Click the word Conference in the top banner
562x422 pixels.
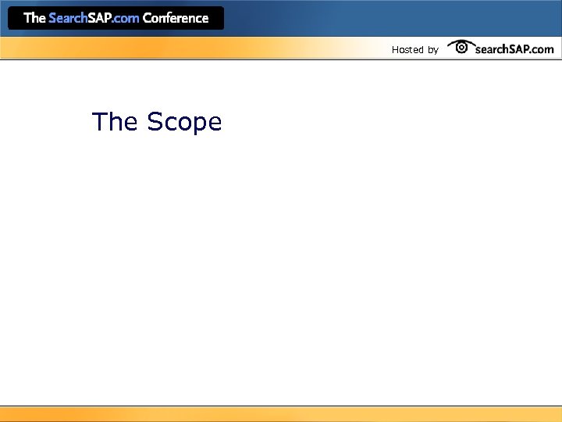pyautogui.click(x=176, y=18)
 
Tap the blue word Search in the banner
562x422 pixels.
pyautogui.click(x=68, y=18)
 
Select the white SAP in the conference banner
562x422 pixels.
pyautogui.click(x=100, y=18)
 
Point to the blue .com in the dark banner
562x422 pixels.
pyautogui.click(x=126, y=18)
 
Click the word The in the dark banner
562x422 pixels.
pyautogui.click(x=35, y=18)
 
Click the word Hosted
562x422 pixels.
pyautogui.click(x=407, y=50)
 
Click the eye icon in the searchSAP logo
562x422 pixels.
pyautogui.click(x=461, y=47)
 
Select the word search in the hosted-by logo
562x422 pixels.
pyautogui.click(x=491, y=49)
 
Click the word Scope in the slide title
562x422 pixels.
pyautogui.click(x=184, y=123)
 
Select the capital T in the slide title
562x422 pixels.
pyautogui.click(x=100, y=122)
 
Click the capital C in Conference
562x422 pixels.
pyautogui.click(x=148, y=18)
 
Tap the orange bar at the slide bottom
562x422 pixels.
pyautogui.click(x=281, y=414)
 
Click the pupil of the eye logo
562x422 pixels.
pyautogui.click(x=461, y=48)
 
